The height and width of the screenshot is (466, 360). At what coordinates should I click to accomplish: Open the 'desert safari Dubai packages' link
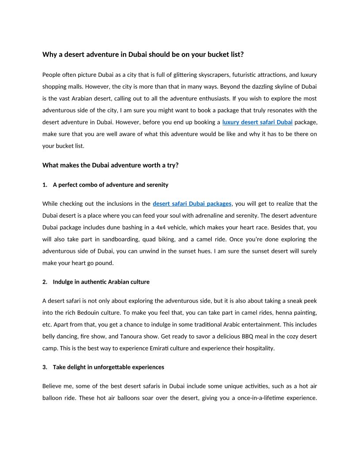pos(192,203)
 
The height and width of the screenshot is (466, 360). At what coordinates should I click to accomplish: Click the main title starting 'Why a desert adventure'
pos(143,55)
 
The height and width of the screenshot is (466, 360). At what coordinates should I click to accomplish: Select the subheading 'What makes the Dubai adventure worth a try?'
pos(110,165)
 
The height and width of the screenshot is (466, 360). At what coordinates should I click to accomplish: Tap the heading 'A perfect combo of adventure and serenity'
pos(110,184)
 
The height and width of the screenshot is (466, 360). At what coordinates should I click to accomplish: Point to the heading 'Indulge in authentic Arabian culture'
pos(101,282)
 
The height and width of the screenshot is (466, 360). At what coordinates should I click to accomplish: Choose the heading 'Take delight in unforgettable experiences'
pos(108,367)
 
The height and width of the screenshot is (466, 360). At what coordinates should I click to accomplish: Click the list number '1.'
pos(45,184)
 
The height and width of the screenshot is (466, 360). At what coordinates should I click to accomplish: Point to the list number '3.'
pos(45,367)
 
